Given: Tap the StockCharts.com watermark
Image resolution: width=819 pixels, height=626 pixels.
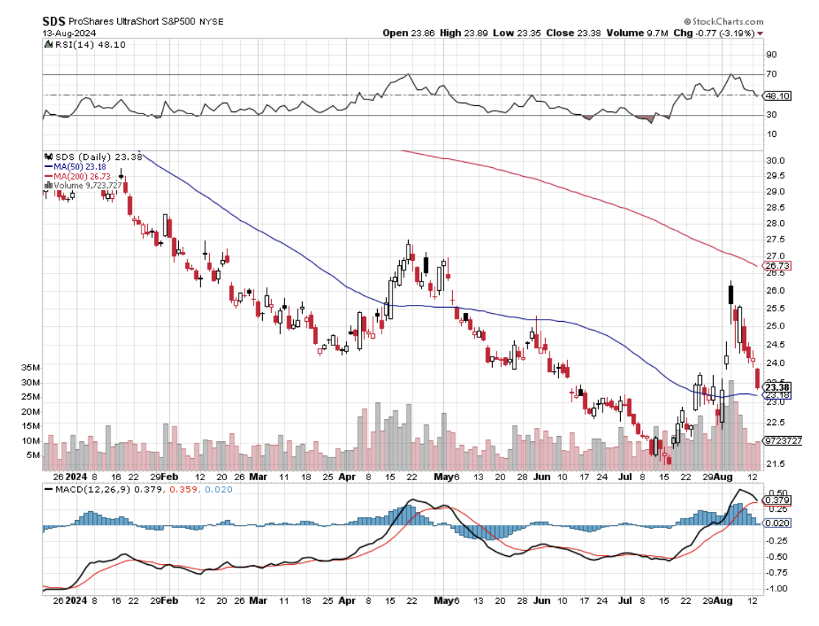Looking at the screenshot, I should click(x=724, y=22).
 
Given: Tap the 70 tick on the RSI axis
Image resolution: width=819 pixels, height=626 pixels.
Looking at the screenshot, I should click(x=772, y=74).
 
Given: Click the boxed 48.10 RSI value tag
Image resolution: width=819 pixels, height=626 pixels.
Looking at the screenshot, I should click(x=778, y=95).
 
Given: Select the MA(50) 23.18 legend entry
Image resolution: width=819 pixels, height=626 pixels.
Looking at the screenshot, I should click(x=75, y=166).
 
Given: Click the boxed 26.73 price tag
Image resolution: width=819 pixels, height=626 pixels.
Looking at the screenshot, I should click(x=778, y=265).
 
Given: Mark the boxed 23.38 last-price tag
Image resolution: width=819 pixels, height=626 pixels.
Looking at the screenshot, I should click(x=778, y=387).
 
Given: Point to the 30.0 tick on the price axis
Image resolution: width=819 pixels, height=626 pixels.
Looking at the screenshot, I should click(x=775, y=161).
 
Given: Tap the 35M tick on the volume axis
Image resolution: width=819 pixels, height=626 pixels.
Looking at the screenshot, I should click(x=30, y=367).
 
